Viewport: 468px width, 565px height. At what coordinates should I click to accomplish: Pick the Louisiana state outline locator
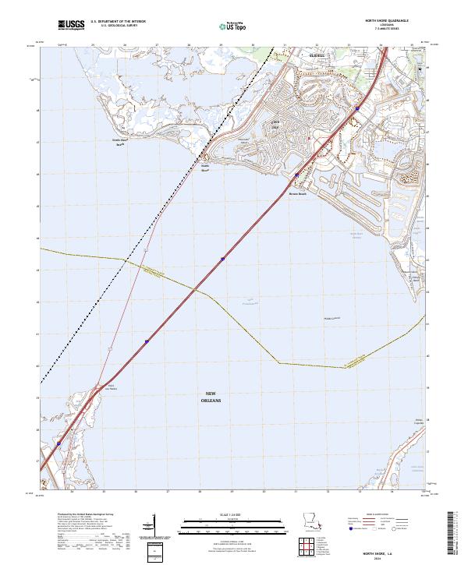pos(311,520)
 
